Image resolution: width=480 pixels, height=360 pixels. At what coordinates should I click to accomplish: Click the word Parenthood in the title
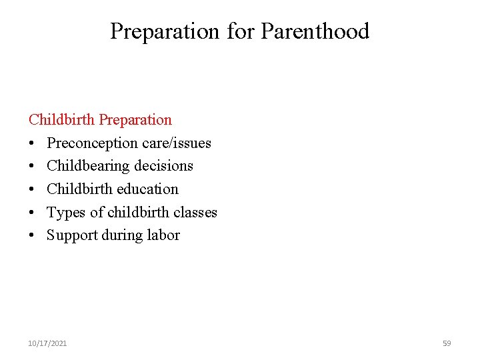click(x=315, y=31)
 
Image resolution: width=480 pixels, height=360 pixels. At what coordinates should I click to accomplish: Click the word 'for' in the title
click(x=241, y=31)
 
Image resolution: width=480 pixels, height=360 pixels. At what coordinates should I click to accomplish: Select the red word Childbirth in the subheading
click(x=62, y=120)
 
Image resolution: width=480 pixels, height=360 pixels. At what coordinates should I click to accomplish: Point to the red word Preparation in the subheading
click(x=135, y=121)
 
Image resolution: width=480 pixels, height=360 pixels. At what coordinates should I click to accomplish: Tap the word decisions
click(x=163, y=166)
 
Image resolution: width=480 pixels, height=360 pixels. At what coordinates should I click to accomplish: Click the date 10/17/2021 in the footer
click(x=47, y=343)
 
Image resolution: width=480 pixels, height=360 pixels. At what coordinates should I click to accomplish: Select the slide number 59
click(x=447, y=343)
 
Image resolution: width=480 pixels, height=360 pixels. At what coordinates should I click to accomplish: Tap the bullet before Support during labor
click(x=32, y=236)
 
